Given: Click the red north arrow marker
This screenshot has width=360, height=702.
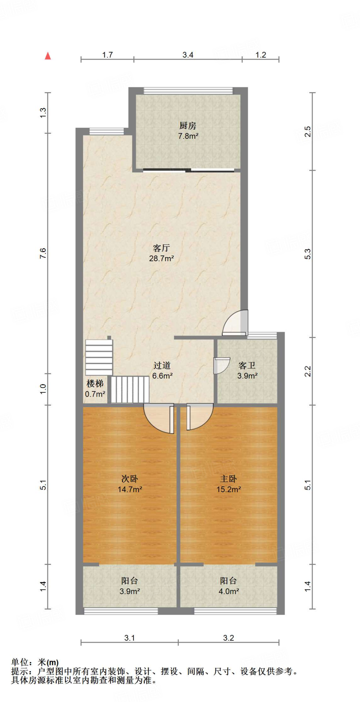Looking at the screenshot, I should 48,56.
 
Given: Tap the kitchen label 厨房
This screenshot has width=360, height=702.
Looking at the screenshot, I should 188,126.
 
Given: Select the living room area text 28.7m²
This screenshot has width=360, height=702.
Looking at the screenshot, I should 161,258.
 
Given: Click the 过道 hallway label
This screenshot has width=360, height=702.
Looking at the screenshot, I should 162,365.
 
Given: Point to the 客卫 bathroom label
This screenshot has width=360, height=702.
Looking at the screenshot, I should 247,365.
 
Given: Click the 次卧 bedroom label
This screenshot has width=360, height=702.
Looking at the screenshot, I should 130,479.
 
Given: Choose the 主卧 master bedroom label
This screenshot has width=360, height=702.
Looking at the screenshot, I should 228,479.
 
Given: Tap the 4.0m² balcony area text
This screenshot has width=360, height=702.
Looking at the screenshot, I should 229,591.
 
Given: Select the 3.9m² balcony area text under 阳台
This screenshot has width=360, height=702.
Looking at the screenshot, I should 130,591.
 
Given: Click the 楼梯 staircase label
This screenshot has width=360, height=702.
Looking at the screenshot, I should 95,384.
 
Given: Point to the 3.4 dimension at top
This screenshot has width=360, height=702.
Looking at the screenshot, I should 188,55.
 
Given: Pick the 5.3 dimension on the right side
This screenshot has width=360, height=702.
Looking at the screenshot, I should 308,254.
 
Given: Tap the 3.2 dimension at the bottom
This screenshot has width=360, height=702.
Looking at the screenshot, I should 228,638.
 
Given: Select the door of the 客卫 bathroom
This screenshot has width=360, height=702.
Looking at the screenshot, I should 221,365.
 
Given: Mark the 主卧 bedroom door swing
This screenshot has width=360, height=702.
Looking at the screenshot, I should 199,416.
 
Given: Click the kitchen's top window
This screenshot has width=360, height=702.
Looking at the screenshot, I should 188,91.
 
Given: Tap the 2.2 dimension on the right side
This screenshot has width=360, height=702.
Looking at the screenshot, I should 308,371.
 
